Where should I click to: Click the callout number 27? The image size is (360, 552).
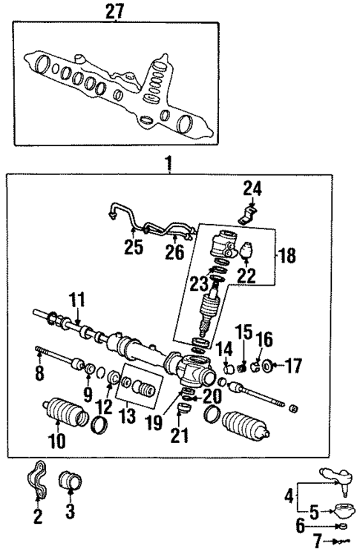coord(115,10)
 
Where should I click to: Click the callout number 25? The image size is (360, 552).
coord(133,247)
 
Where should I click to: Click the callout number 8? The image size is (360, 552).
coord(39,372)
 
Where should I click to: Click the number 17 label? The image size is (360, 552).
coord(295,365)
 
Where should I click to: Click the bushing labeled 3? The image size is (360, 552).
coord(73,481)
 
